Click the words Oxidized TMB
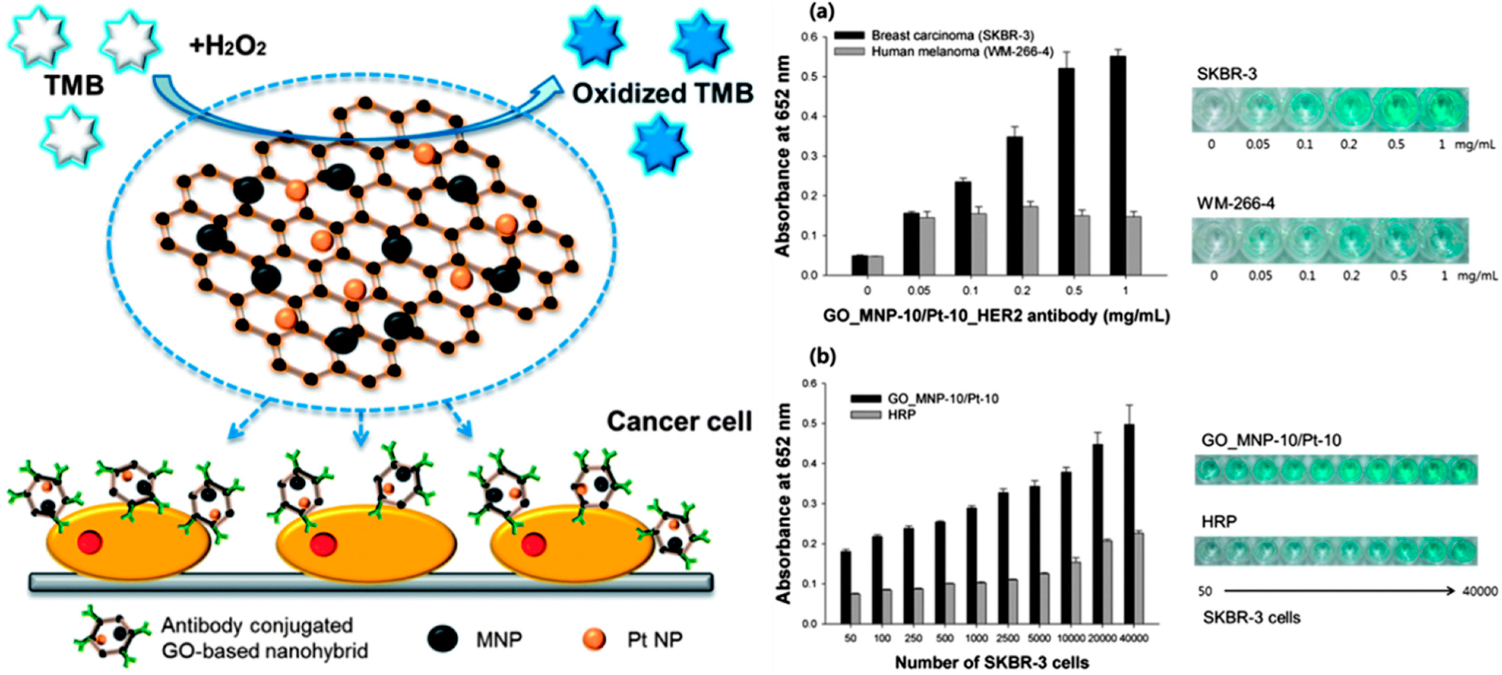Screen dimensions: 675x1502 click(662, 93)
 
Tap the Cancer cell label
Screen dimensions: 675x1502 click(679, 421)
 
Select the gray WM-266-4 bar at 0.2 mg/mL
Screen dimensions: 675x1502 click(1031, 240)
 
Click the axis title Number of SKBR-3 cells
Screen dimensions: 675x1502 click(992, 663)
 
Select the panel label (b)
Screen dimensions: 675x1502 click(823, 356)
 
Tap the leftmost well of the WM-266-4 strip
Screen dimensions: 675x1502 click(1214, 240)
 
